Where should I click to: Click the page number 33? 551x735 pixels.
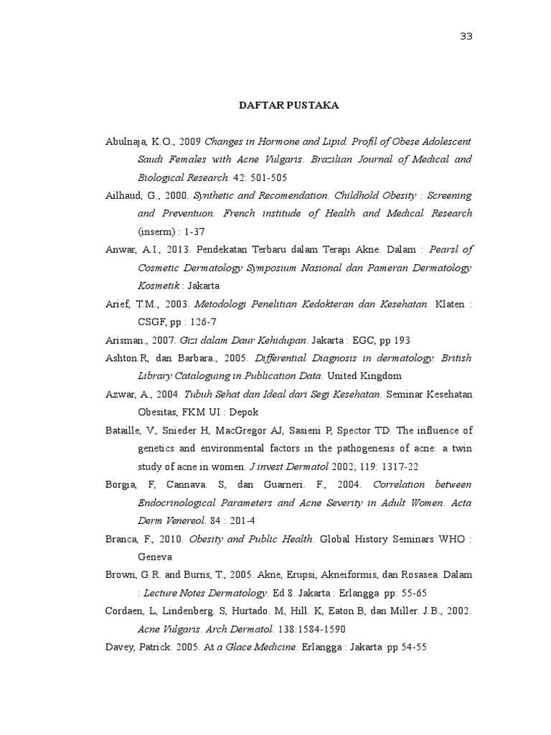(466, 37)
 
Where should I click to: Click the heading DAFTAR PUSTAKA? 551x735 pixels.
(288, 106)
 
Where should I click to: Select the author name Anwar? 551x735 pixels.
(120, 249)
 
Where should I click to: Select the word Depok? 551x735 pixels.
(244, 412)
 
